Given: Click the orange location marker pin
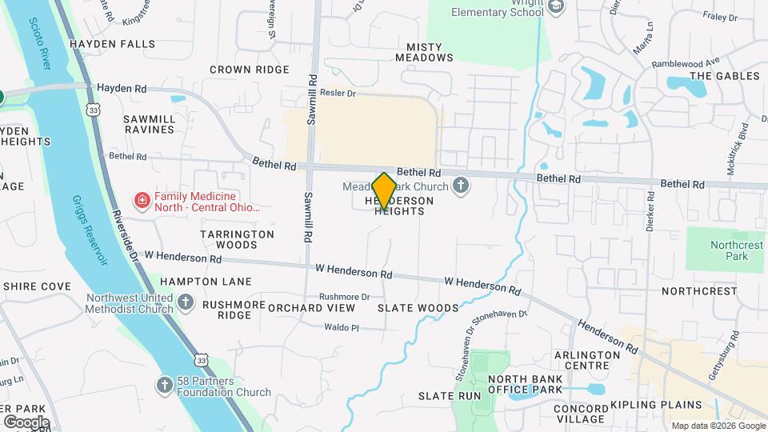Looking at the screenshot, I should (x=384, y=191).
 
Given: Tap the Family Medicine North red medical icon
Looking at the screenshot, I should (x=142, y=199).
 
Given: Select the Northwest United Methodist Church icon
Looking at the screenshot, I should (x=186, y=302).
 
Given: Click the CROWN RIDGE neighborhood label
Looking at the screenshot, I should (x=249, y=70).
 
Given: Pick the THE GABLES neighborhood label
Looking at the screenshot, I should (x=724, y=76).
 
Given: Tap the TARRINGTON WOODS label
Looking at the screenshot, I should (x=237, y=239).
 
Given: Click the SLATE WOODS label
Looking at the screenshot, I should (x=418, y=308).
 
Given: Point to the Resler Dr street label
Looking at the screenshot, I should (x=336, y=93).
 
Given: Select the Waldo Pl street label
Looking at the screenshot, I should (x=342, y=327).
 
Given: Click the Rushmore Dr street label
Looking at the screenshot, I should (x=344, y=296).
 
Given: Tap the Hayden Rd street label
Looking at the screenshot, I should (x=122, y=88).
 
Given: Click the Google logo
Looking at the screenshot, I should (x=26, y=422).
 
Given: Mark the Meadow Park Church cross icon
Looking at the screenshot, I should (x=460, y=186).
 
